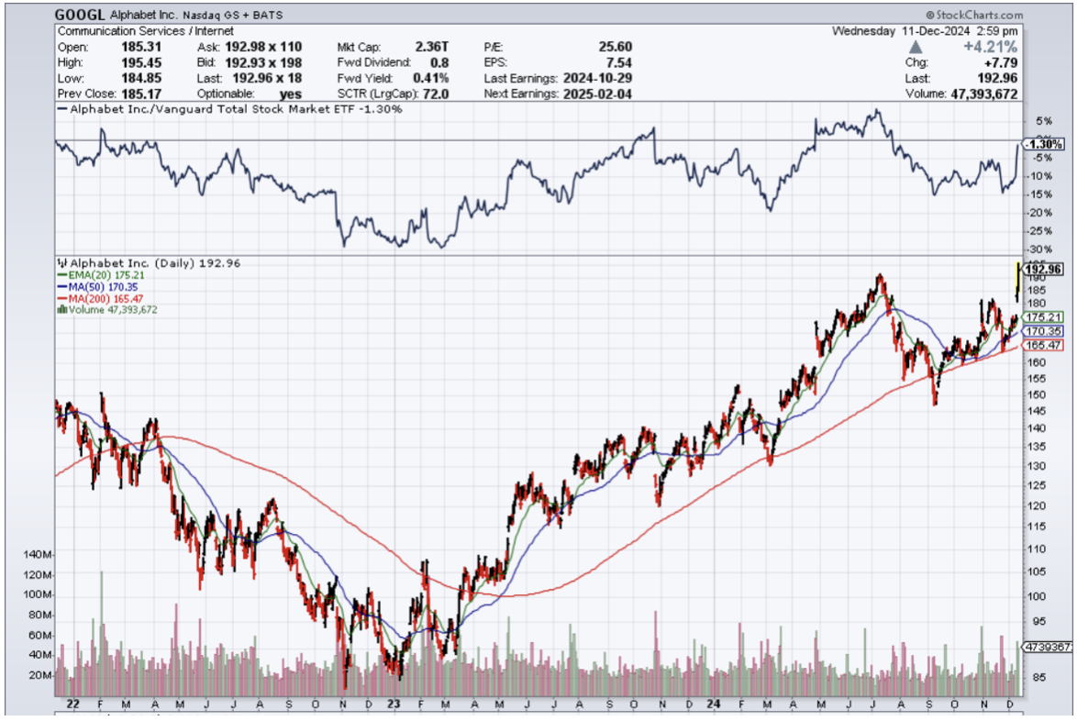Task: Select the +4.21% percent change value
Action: click(1036, 47)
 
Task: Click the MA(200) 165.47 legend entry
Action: click(101, 297)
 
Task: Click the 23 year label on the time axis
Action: click(393, 704)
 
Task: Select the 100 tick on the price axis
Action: click(1036, 595)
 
